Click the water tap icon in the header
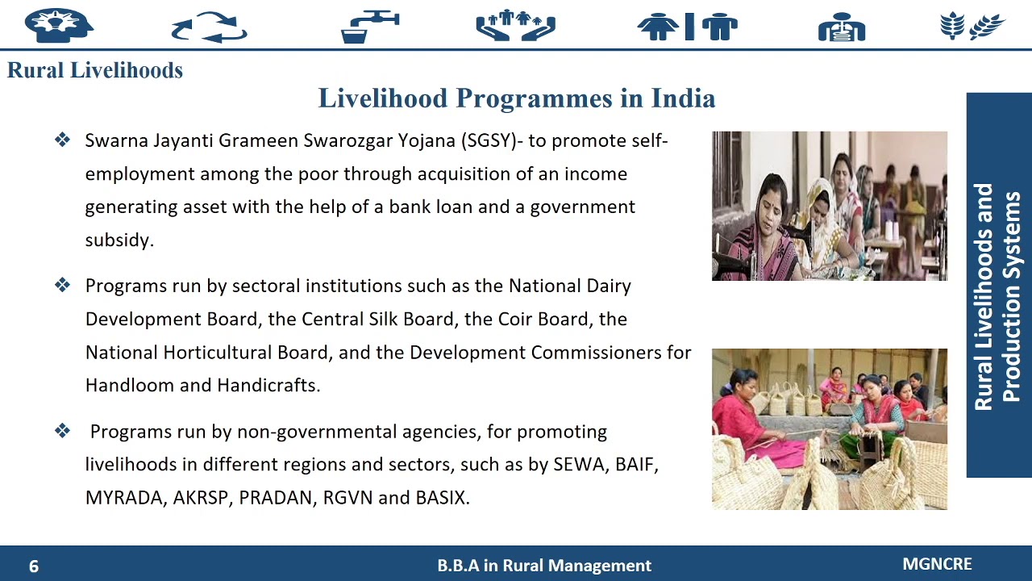click(370, 26)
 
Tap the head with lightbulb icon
click(59, 26)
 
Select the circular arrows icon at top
click(210, 27)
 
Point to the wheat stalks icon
click(972, 26)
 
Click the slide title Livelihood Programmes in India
click(517, 98)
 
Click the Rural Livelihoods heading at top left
click(95, 70)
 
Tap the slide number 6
click(34, 566)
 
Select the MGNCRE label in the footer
click(937, 564)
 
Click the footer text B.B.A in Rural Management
click(544, 566)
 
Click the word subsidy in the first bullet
click(119, 240)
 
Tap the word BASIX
click(442, 498)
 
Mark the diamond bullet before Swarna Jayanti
click(62, 140)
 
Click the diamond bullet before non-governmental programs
click(62, 431)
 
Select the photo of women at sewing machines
click(829, 206)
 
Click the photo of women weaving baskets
click(829, 428)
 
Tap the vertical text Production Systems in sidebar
click(1011, 296)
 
